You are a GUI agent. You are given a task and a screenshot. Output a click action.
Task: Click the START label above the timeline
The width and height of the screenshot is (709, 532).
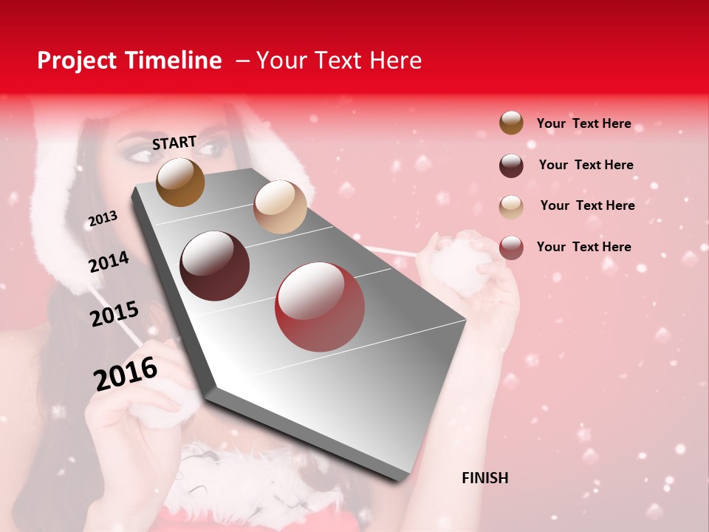pos(174,143)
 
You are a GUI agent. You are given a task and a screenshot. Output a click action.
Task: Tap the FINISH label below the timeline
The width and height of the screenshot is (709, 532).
pos(484,478)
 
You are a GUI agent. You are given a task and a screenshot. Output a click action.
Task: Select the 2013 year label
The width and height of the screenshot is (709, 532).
pos(103,219)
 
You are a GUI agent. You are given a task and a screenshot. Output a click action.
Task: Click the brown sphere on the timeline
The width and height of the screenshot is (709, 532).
pos(180,183)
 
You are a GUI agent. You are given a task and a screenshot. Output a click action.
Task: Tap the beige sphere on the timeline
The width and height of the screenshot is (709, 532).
pos(280,206)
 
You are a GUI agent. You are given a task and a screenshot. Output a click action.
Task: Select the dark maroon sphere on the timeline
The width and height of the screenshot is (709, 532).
pos(215,266)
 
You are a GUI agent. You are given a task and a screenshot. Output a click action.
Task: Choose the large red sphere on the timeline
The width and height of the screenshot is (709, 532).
pos(320,307)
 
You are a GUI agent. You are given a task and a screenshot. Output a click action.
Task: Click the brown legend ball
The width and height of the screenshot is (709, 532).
pos(511,123)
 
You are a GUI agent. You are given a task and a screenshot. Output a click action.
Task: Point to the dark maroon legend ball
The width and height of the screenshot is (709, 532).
pos(511,166)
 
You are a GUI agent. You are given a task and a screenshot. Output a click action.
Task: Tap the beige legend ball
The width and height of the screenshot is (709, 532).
pos(511,207)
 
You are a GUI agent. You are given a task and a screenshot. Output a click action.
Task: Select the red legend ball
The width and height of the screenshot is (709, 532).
pos(511,248)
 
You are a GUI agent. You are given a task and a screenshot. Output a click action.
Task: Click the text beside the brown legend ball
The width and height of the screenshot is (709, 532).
pos(583,123)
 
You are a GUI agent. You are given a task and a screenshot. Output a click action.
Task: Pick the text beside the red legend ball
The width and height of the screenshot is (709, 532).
pos(583,247)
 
